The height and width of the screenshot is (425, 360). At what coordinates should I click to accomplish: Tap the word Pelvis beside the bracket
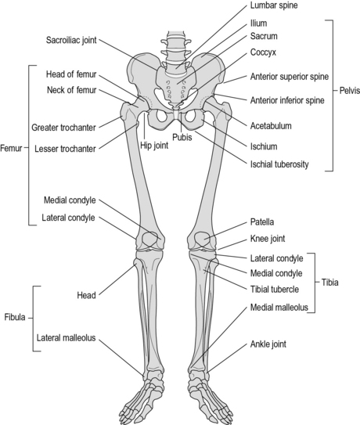[x=348, y=90]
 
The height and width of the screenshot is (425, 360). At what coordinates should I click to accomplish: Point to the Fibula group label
[x=14, y=319]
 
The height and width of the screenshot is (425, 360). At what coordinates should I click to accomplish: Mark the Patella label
[x=262, y=222]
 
